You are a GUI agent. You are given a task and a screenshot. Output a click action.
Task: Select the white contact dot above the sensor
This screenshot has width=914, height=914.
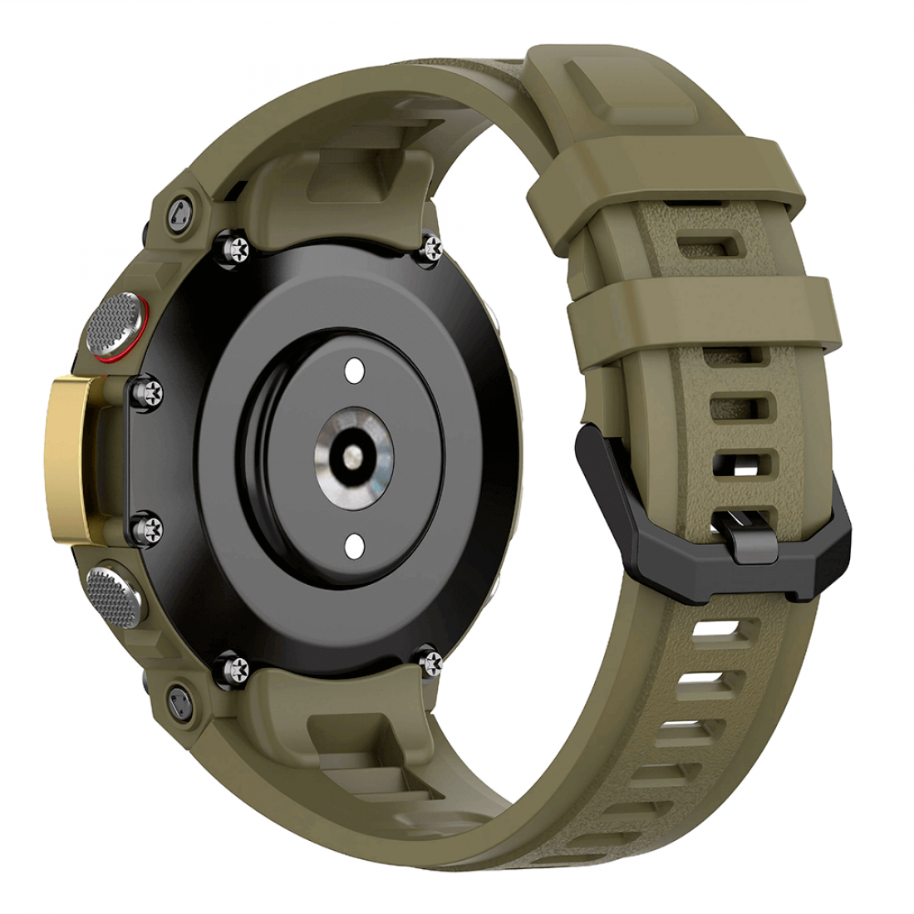click(x=353, y=368)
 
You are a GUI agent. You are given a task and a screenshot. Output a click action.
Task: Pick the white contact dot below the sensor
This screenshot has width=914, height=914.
click(x=353, y=544)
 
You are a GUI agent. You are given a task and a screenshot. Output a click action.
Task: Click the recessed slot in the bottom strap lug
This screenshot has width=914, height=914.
click(x=349, y=731)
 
